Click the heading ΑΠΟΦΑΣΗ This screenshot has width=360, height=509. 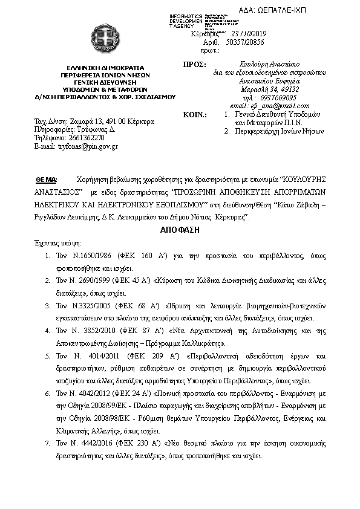pos(180,230)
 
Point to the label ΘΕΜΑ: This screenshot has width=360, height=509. pos(47,180)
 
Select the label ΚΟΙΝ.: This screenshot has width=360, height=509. pos(195,114)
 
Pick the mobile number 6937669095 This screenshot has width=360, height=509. pos(266,97)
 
